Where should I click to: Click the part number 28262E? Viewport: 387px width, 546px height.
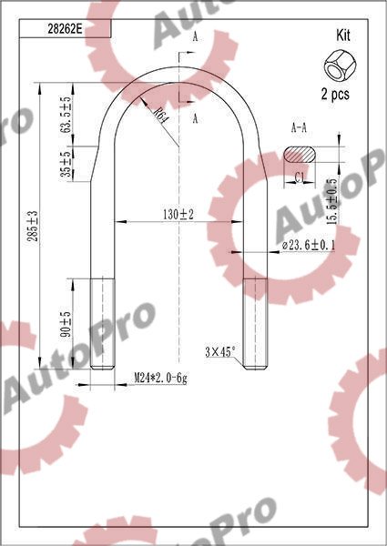(65, 28)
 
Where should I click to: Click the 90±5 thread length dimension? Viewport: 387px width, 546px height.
(66, 325)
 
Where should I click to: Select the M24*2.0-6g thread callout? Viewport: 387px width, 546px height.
(160, 378)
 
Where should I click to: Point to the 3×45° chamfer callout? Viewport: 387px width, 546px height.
(219, 351)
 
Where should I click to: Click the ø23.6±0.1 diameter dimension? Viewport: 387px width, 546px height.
(308, 245)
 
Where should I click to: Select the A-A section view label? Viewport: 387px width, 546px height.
(300, 128)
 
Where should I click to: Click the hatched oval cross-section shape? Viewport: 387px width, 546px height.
(301, 153)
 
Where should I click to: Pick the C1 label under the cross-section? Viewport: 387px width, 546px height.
(300, 177)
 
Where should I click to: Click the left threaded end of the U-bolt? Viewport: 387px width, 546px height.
(102, 323)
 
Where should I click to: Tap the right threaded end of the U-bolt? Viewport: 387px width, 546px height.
(254, 323)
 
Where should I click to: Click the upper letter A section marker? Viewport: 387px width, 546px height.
(194, 36)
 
